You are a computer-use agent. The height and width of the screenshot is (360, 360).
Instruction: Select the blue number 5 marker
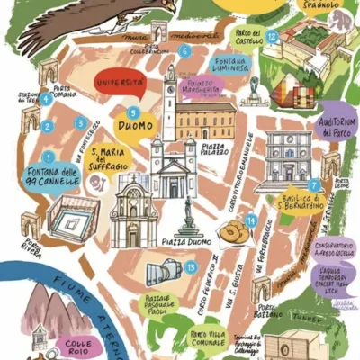(133, 112)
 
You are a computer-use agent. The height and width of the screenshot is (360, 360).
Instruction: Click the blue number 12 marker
(271, 36)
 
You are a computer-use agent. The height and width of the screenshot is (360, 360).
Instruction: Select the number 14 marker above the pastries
(250, 219)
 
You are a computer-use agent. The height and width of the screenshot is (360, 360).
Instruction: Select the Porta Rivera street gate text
(33, 249)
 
